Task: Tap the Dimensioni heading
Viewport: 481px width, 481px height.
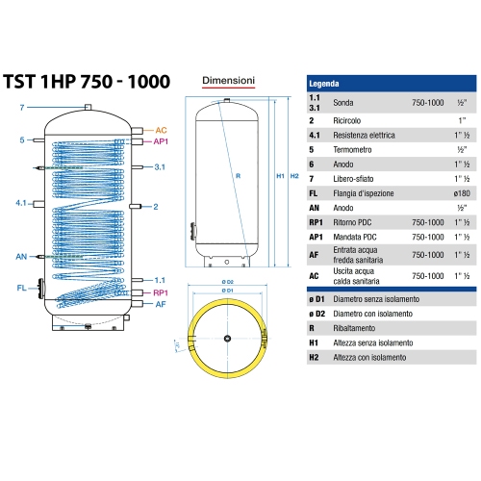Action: [228, 81]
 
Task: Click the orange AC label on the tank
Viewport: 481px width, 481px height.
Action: [161, 129]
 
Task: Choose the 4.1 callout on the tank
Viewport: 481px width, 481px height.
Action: [22, 204]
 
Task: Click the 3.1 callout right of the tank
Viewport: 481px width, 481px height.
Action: [163, 167]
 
